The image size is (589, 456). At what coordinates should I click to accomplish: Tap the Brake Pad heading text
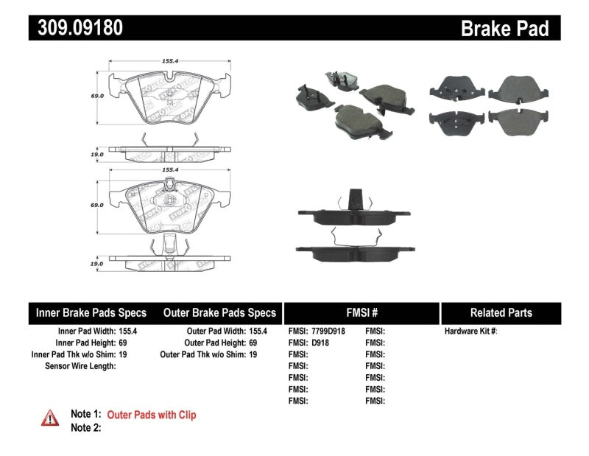click(x=504, y=29)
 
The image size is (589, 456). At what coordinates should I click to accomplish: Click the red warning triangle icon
click(x=50, y=418)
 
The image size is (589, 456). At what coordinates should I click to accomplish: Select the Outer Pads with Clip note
click(x=152, y=415)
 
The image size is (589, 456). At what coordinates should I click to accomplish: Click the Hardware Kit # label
click(x=470, y=332)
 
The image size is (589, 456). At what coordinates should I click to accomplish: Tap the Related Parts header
click(x=501, y=312)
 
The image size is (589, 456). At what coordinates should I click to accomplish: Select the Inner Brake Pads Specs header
click(x=91, y=312)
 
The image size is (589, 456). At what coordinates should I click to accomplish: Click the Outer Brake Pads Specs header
click(x=219, y=312)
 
